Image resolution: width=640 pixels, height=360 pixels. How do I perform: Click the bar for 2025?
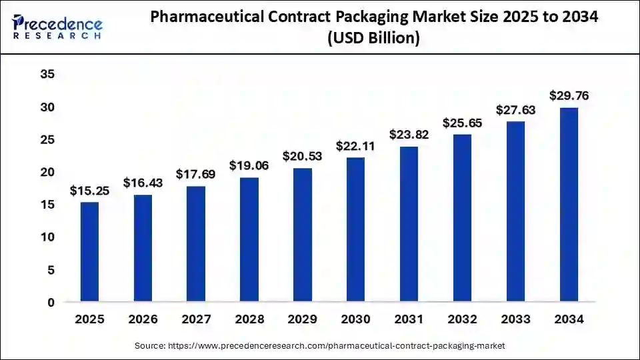[89, 252]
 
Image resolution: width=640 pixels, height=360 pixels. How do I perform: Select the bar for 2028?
[249, 239]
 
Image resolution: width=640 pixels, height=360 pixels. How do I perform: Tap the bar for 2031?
[409, 224]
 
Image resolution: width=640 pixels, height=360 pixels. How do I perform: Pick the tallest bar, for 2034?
[569, 205]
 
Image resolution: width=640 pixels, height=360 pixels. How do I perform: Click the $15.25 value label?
[89, 191]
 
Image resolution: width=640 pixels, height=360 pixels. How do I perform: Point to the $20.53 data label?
[303, 156]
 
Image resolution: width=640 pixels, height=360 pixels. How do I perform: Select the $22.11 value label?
[355, 145]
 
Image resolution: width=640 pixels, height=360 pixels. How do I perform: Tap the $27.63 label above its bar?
[515, 109]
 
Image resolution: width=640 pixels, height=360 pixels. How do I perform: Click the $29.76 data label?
[569, 95]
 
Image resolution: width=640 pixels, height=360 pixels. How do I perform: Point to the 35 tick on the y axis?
[47, 74]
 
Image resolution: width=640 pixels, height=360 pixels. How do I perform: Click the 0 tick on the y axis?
[51, 302]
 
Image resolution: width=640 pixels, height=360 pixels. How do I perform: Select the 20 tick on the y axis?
[47, 172]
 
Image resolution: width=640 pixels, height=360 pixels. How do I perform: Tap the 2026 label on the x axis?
[143, 320]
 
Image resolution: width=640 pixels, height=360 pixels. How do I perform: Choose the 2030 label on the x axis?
[355, 320]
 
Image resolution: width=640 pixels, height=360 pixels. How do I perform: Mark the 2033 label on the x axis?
[515, 320]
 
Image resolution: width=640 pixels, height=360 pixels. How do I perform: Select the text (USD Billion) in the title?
[373, 39]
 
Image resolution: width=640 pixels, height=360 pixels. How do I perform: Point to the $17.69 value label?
[196, 174]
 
